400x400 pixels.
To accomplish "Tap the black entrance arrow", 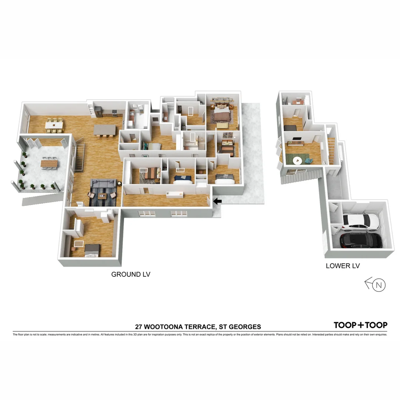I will click(218, 201).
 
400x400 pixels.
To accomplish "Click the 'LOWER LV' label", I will click(343, 266).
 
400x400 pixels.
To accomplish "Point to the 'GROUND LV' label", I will click(131, 274).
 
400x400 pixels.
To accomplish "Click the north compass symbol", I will click(378, 285).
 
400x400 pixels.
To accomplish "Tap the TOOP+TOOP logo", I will click(360, 325).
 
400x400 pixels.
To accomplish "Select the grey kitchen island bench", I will click(104, 129).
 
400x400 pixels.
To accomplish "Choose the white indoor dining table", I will click(54, 125).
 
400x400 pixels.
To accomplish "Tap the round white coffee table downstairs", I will click(297, 160).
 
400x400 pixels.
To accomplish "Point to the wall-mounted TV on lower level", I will click(297, 139).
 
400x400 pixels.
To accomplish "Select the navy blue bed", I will click(183, 179).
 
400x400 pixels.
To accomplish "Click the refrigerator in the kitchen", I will click(97, 111).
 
